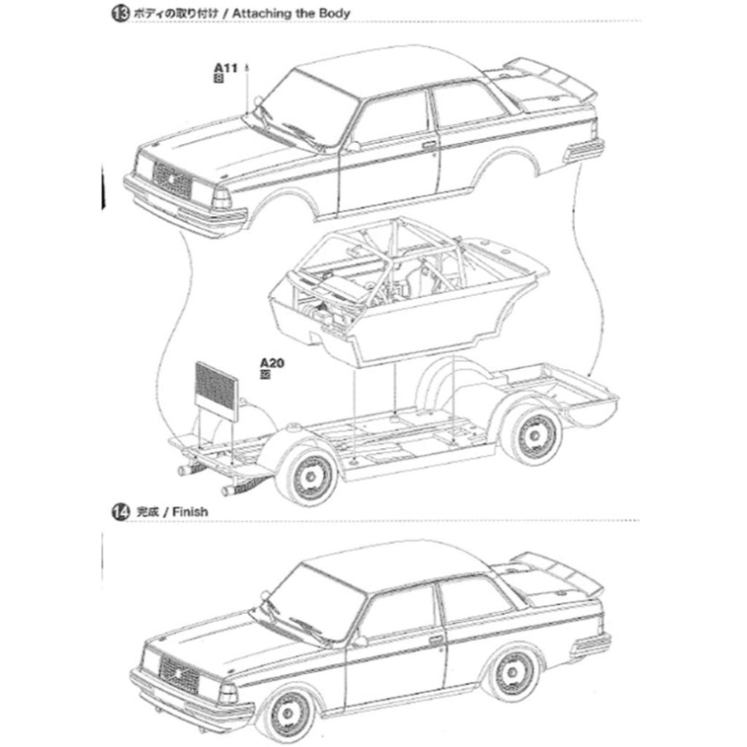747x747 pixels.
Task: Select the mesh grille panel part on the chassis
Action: [x=217, y=392]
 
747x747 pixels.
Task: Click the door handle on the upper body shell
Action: [x=429, y=144]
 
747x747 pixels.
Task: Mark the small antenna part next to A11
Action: [x=248, y=69]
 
